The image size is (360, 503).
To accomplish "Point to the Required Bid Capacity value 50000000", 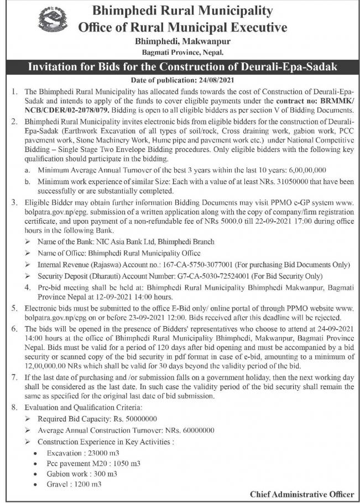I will click(x=140, y=420).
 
